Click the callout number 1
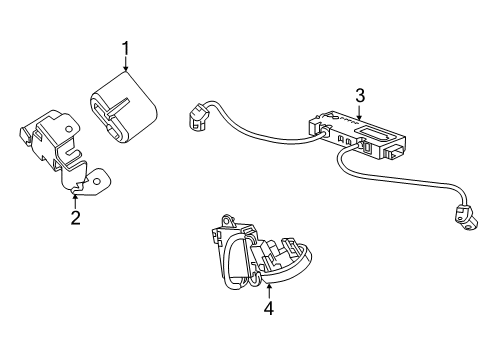tap(126, 47)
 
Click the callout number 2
tap(74, 218)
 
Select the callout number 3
tap(360, 96)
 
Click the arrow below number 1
tap(126, 64)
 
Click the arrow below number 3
tap(360, 113)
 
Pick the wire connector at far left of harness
tap(196, 118)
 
